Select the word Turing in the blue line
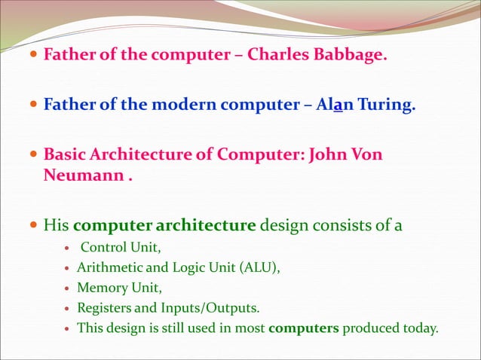pyautogui.click(x=388, y=105)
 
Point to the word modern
pyautogui.click(x=184, y=105)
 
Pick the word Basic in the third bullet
pyautogui.click(x=64, y=154)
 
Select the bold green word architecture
pyautogui.click(x=213, y=224)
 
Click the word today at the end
pyautogui.click(x=418, y=328)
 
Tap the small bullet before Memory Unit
pyautogui.click(x=69, y=288)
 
